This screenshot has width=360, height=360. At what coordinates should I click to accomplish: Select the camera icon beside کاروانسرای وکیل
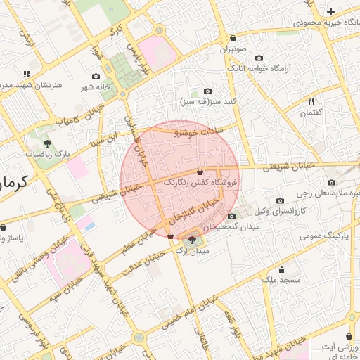(281, 200)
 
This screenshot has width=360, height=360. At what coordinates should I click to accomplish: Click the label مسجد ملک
(281, 280)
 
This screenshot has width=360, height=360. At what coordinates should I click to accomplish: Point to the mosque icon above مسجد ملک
(282, 269)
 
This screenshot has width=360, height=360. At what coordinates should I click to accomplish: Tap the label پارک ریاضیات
(48, 153)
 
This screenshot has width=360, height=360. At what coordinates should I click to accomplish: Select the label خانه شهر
(96, 87)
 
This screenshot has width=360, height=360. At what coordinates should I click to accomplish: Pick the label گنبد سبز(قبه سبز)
(207, 101)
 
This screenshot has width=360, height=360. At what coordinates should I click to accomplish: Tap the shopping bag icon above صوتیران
(233, 39)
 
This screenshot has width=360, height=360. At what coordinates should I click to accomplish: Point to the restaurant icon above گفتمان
(311, 102)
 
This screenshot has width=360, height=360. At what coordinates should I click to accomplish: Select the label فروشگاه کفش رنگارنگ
(200, 181)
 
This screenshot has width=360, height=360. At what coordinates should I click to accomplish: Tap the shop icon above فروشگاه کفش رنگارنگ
(200, 171)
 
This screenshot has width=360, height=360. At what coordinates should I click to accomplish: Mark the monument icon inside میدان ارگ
(193, 241)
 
